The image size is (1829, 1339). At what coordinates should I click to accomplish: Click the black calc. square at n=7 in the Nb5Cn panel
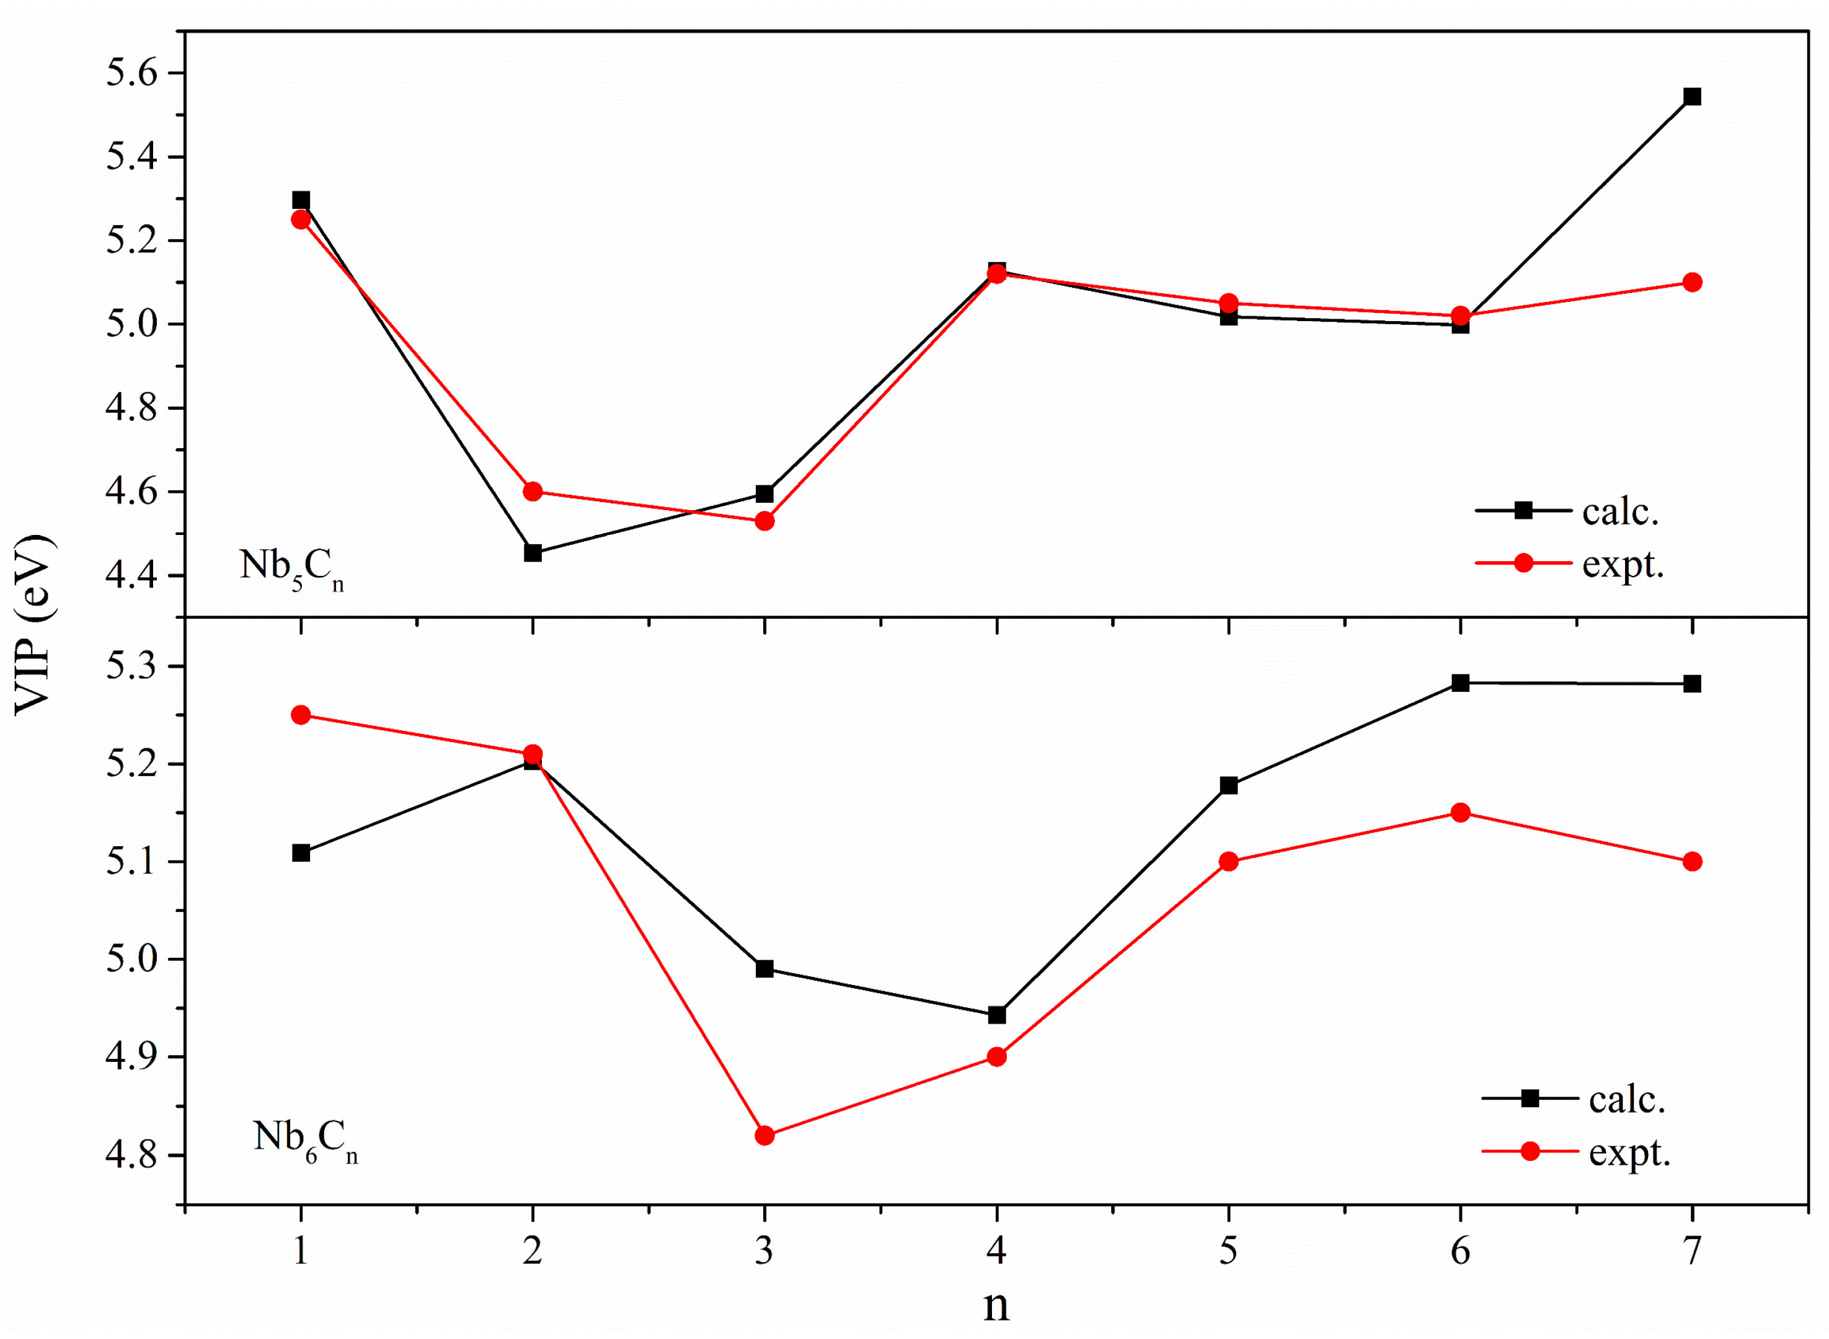(x=1692, y=97)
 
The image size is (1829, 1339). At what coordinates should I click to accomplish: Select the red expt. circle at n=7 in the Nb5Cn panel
(x=1692, y=282)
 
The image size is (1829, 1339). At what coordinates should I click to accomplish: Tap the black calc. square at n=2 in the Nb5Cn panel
(x=533, y=554)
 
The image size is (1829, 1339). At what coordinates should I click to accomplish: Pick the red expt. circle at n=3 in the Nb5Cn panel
(x=764, y=521)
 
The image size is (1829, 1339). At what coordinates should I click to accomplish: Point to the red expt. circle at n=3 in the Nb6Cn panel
(x=764, y=1136)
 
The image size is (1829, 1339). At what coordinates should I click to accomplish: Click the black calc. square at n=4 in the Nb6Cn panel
(x=997, y=1015)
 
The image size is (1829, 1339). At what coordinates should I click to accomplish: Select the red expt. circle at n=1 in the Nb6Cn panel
(x=301, y=715)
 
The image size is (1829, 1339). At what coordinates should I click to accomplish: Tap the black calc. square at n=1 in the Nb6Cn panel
(x=301, y=852)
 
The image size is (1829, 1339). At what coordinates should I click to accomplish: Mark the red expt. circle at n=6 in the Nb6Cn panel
(x=1460, y=812)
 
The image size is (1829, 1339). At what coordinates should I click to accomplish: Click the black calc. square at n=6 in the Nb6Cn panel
(x=1460, y=683)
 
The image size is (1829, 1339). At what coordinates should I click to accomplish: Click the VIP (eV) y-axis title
(x=34, y=624)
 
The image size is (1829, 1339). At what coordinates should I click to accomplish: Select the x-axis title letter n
(x=996, y=1306)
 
